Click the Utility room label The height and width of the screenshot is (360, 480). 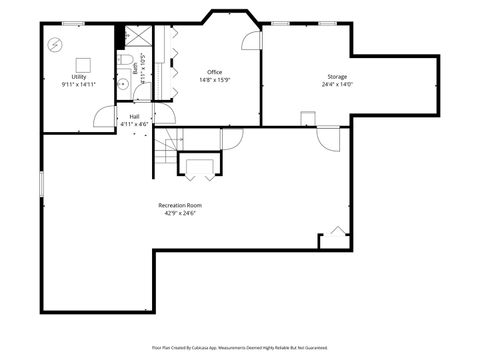pyautogui.click(x=78, y=77)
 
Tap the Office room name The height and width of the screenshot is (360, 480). pyautogui.click(x=214, y=72)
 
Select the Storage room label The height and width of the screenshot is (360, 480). pyautogui.click(x=336, y=77)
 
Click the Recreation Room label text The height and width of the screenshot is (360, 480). pyautogui.click(x=181, y=206)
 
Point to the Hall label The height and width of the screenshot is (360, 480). pyautogui.click(x=134, y=116)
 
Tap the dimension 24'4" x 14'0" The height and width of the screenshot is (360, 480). pyautogui.click(x=336, y=85)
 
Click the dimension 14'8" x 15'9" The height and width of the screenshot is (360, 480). pyautogui.click(x=214, y=80)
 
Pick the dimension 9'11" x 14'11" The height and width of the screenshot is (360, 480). pyautogui.click(x=78, y=85)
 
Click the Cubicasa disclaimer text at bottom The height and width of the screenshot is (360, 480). pyautogui.click(x=240, y=347)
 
